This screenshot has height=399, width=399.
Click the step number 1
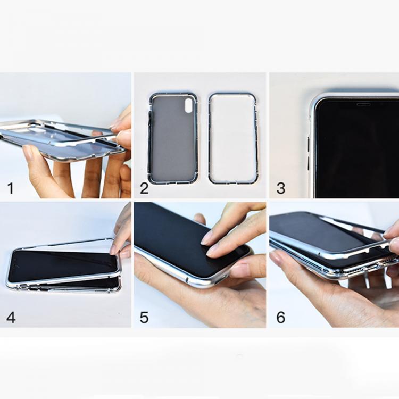pyautogui.click(x=11, y=188)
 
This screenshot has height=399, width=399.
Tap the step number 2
pyautogui.click(x=144, y=188)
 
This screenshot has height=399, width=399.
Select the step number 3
pyautogui.click(x=281, y=188)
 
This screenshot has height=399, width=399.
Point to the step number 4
pyautogui.click(x=11, y=318)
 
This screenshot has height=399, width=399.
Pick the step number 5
pyautogui.click(x=144, y=318)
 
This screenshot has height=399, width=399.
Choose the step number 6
pyautogui.click(x=281, y=318)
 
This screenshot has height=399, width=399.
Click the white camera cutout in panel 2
pyautogui.click(x=189, y=105)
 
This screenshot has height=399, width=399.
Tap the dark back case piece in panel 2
pyautogui.click(x=173, y=138)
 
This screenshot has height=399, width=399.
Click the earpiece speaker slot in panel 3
pyautogui.click(x=363, y=104)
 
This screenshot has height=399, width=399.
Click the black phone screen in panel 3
pyautogui.click(x=356, y=150)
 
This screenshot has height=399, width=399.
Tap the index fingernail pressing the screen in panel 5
pyautogui.click(x=206, y=238)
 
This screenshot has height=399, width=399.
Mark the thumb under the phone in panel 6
pyautogui.click(x=287, y=264)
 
